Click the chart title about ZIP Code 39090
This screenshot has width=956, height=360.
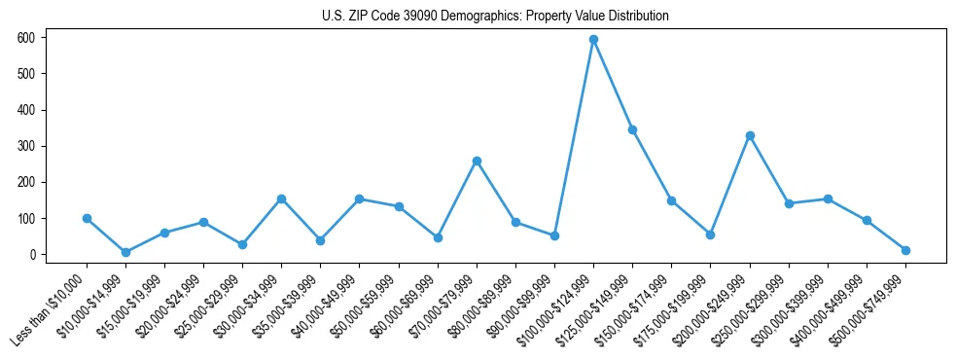click(495, 17)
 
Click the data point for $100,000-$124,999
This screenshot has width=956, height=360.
click(593, 40)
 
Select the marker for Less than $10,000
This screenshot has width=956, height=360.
click(87, 219)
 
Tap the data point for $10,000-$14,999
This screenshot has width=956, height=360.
click(125, 252)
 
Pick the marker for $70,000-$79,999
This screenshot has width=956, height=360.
click(477, 161)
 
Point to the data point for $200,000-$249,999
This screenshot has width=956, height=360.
click(750, 135)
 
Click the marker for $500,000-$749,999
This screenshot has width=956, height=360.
click(905, 250)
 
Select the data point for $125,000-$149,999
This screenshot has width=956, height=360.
click(632, 129)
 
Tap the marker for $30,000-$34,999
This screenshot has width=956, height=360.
click(281, 198)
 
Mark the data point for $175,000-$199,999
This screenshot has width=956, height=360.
click(711, 234)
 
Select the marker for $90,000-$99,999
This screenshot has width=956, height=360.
click(554, 235)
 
